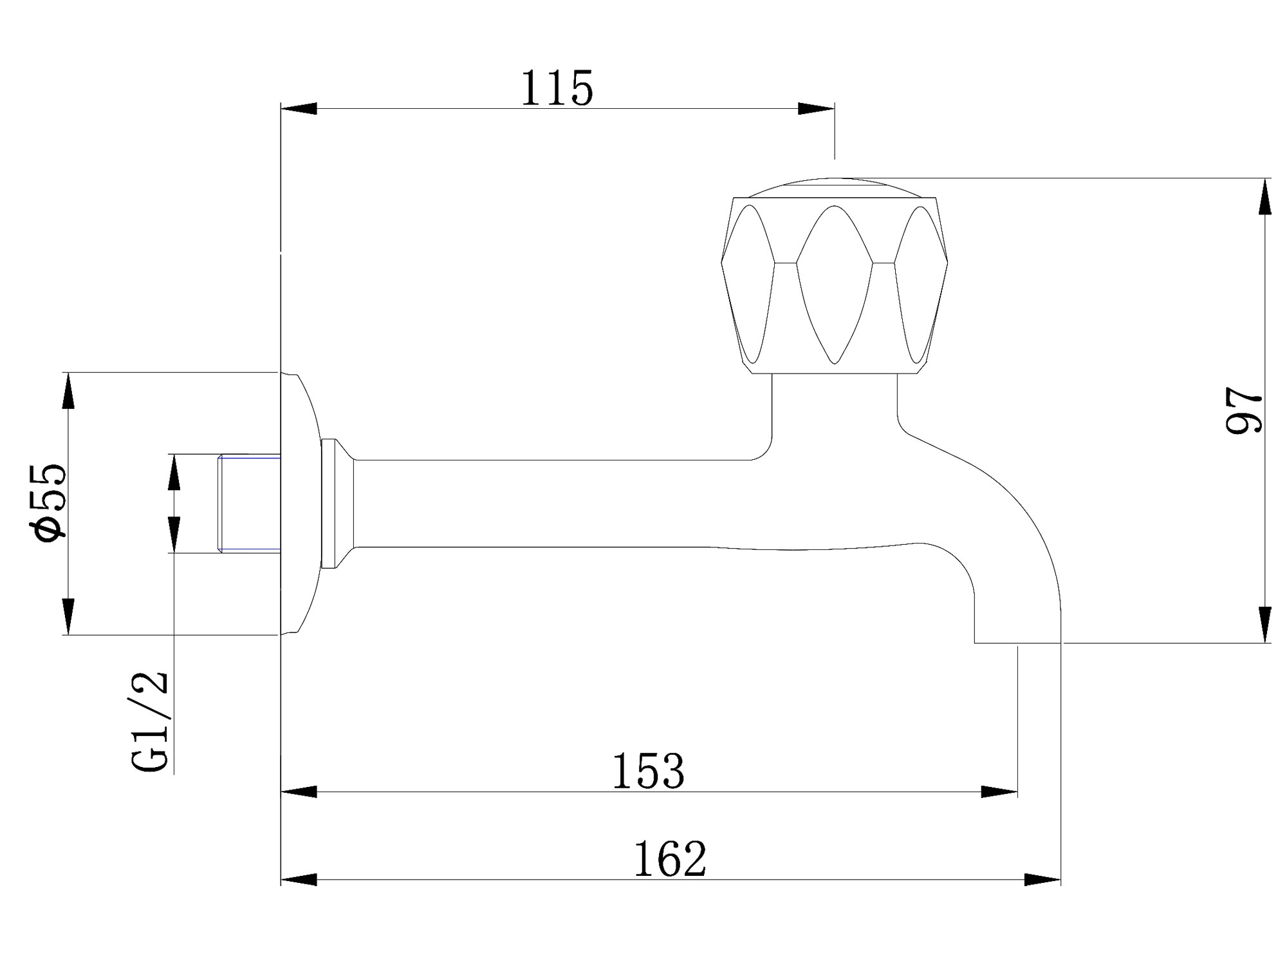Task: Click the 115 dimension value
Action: pyautogui.click(x=557, y=89)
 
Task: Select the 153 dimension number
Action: pyautogui.click(x=648, y=772)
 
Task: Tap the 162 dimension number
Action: pyautogui.click(x=670, y=859)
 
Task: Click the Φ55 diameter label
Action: pyautogui.click(x=48, y=502)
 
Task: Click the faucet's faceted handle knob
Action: pyautogui.click(x=834, y=283)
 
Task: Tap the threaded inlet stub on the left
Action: pyautogui.click(x=249, y=504)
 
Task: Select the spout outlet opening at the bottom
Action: pyautogui.click(x=1017, y=641)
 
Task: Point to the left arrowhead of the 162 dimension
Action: pyautogui.click(x=299, y=880)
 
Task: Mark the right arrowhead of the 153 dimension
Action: pyautogui.click(x=1000, y=792)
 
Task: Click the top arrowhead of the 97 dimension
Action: pyautogui.click(x=1265, y=196)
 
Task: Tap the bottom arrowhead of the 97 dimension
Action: pyautogui.click(x=1265, y=625)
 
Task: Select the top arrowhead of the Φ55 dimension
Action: pyautogui.click(x=68, y=390)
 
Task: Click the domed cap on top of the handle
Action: pyautogui.click(x=834, y=187)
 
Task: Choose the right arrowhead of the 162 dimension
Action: pyautogui.click(x=1042, y=880)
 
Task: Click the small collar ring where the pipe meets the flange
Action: pyautogui.click(x=329, y=504)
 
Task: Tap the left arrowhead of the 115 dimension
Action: pyautogui.click(x=299, y=108)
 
